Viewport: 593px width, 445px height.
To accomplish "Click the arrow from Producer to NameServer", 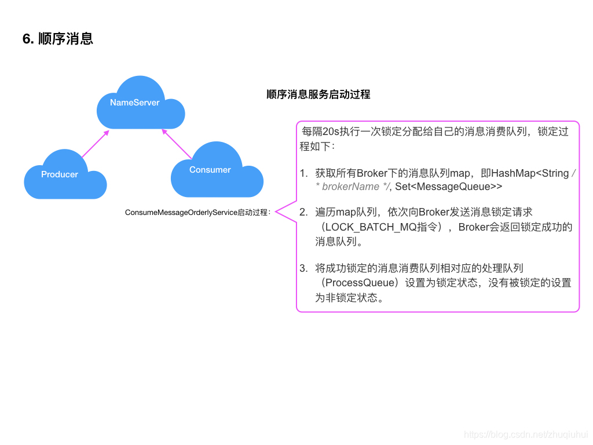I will (x=95, y=144).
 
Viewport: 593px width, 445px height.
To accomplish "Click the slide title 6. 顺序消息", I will (x=58, y=39).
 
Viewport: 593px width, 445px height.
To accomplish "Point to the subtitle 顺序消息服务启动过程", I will (x=318, y=94).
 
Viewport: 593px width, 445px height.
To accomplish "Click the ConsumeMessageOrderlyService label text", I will (x=197, y=213).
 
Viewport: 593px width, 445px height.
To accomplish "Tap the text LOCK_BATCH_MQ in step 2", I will (x=371, y=227).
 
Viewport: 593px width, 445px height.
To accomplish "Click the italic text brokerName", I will (x=350, y=187).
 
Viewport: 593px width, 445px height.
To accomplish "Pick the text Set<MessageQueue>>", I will (x=448, y=187).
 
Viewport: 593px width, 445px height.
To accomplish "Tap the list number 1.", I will (x=303, y=173).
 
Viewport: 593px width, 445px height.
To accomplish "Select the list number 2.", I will (x=303, y=213).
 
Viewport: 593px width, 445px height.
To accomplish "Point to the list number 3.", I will (x=303, y=268).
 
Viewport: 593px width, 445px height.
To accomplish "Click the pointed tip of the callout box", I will (x=276, y=213).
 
